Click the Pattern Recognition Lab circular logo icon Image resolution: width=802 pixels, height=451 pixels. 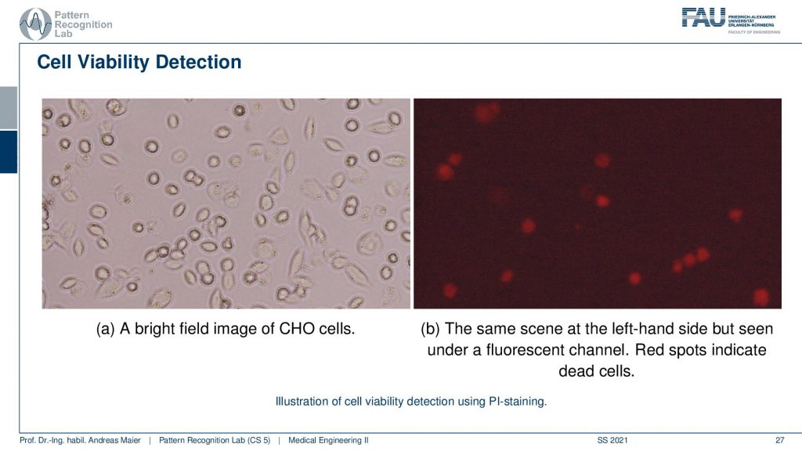[35, 24]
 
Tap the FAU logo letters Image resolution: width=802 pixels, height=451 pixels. [703, 17]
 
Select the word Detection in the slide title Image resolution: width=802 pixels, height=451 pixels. [198, 62]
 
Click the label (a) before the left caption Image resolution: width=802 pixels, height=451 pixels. [106, 329]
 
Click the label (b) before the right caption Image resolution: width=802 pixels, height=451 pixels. [430, 329]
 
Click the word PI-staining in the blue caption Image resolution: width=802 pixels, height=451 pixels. [518, 402]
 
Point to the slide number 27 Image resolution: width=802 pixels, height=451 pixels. [779, 440]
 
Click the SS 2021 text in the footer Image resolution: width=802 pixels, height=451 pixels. [612, 440]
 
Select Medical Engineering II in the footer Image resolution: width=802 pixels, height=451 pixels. [328, 440]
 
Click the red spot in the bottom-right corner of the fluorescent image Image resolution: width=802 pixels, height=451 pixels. [760, 297]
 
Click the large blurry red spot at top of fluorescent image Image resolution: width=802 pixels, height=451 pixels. [486, 113]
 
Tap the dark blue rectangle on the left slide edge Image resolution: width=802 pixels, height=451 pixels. [9, 152]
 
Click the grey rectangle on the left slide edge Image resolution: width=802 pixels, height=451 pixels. [9, 108]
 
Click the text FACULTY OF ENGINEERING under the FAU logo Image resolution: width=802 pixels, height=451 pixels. [754, 32]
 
